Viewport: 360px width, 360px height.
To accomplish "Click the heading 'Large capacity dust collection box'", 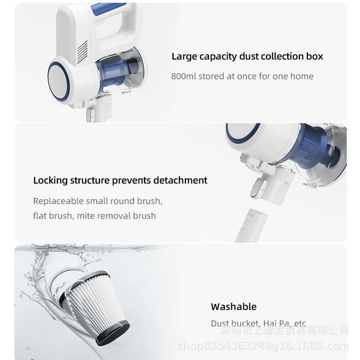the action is [x=247, y=56].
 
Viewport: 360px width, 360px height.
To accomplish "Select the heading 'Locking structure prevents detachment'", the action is [x=120, y=180].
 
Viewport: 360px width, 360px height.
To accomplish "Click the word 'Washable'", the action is [x=234, y=307].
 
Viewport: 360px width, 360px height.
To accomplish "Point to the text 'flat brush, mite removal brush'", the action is [x=94, y=216].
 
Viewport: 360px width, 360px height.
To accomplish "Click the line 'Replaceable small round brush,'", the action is [x=98, y=201].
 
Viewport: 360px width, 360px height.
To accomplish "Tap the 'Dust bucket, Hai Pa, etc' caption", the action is [x=258, y=323].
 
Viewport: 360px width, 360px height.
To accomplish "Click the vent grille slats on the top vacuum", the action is [x=82, y=52].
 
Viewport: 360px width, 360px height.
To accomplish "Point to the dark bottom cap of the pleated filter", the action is [x=113, y=333].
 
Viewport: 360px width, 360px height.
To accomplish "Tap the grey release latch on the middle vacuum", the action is [x=258, y=188].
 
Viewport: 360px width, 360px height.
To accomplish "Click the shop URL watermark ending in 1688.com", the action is [x=263, y=346].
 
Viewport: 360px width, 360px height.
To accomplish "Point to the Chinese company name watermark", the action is [x=284, y=330].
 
